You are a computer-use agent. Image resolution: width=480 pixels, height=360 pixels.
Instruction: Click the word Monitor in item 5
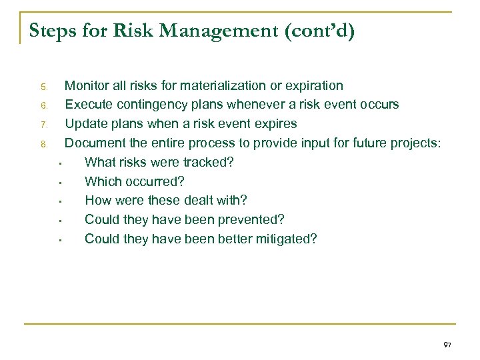(87, 85)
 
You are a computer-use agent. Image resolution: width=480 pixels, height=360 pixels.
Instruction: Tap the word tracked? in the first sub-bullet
(209, 162)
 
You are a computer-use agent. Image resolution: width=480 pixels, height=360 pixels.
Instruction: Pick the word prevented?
(249, 219)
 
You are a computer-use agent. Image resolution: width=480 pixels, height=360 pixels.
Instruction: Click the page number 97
(447, 345)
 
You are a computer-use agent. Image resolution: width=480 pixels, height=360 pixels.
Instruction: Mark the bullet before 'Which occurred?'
(60, 182)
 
